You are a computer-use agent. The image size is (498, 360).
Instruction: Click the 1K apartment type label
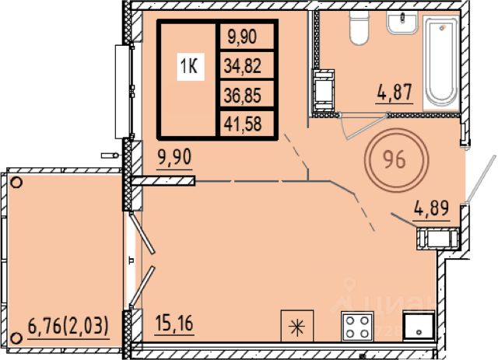[x=190, y=67]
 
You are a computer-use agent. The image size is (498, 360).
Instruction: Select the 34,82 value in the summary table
[x=243, y=66]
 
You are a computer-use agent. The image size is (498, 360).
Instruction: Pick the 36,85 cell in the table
[x=243, y=95]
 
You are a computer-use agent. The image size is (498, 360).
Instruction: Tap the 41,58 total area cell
[x=243, y=124]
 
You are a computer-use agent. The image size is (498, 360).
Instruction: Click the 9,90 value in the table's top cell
[x=242, y=37]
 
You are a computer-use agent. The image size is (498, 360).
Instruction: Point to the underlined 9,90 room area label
[x=174, y=157]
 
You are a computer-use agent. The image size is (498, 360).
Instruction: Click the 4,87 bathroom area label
[x=395, y=92]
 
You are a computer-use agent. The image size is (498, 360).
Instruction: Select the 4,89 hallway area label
[x=432, y=208]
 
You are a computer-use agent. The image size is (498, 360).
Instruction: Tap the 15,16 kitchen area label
[x=174, y=323]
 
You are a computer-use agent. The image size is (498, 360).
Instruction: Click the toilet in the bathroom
[x=359, y=27]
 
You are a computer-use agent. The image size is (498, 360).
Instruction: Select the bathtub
[x=441, y=61]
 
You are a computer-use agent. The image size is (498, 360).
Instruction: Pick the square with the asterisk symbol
[x=297, y=326]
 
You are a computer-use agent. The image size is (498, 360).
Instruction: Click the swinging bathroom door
[x=364, y=126]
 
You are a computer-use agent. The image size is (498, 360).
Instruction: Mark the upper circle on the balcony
[x=16, y=183]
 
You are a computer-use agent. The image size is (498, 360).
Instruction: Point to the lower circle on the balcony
[x=16, y=337]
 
